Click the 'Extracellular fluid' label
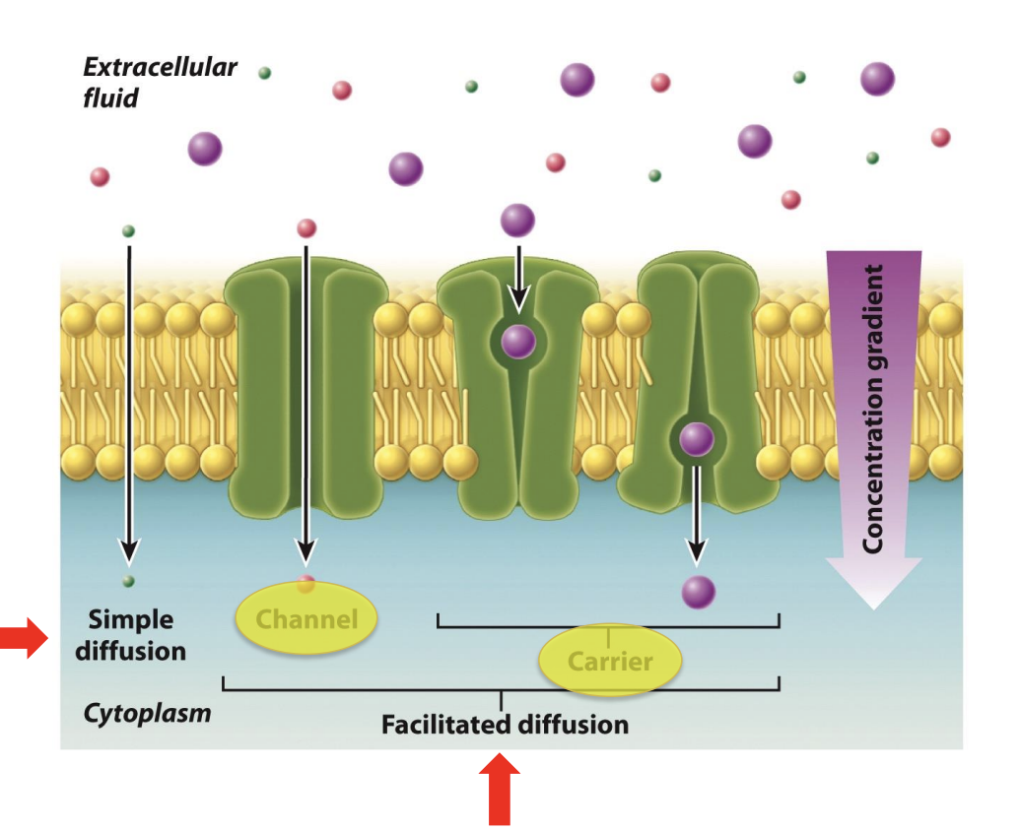pos(160,82)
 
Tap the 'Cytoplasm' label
pos(146,713)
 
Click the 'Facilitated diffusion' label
pos(505,726)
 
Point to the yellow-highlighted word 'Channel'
pos(306,619)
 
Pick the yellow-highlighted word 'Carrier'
pos(610,661)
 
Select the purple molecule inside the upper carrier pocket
pos(517,342)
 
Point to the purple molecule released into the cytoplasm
pos(698,592)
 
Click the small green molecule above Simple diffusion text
pos(128,581)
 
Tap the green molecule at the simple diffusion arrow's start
pos(127,231)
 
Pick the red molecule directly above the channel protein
pos(306,228)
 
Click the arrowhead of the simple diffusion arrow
pos(128,549)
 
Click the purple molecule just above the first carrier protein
pos(517,220)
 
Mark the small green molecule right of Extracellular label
pos(263,72)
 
